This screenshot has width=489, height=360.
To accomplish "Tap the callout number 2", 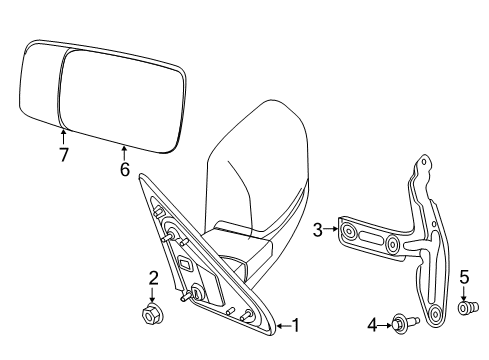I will [153, 279].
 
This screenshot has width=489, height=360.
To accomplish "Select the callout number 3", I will [317, 231].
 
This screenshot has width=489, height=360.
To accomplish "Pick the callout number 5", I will [464, 277].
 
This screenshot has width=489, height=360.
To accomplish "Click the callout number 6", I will [125, 171].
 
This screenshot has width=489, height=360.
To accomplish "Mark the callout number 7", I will [63, 155].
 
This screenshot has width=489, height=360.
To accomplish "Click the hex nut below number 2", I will [153, 314].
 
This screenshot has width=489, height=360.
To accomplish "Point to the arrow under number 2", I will [153, 295].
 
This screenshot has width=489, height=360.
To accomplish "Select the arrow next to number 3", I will [330, 231].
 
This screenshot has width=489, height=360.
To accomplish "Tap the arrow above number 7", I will [63, 135].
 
